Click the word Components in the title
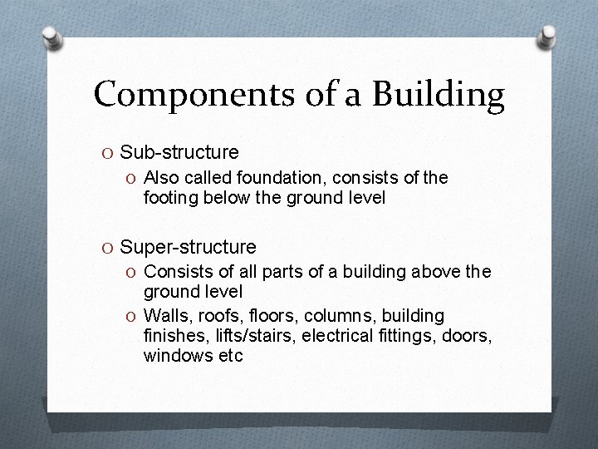click(173, 95)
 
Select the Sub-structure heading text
click(179, 152)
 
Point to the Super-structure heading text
click(189, 247)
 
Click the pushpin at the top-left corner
click(51, 37)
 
